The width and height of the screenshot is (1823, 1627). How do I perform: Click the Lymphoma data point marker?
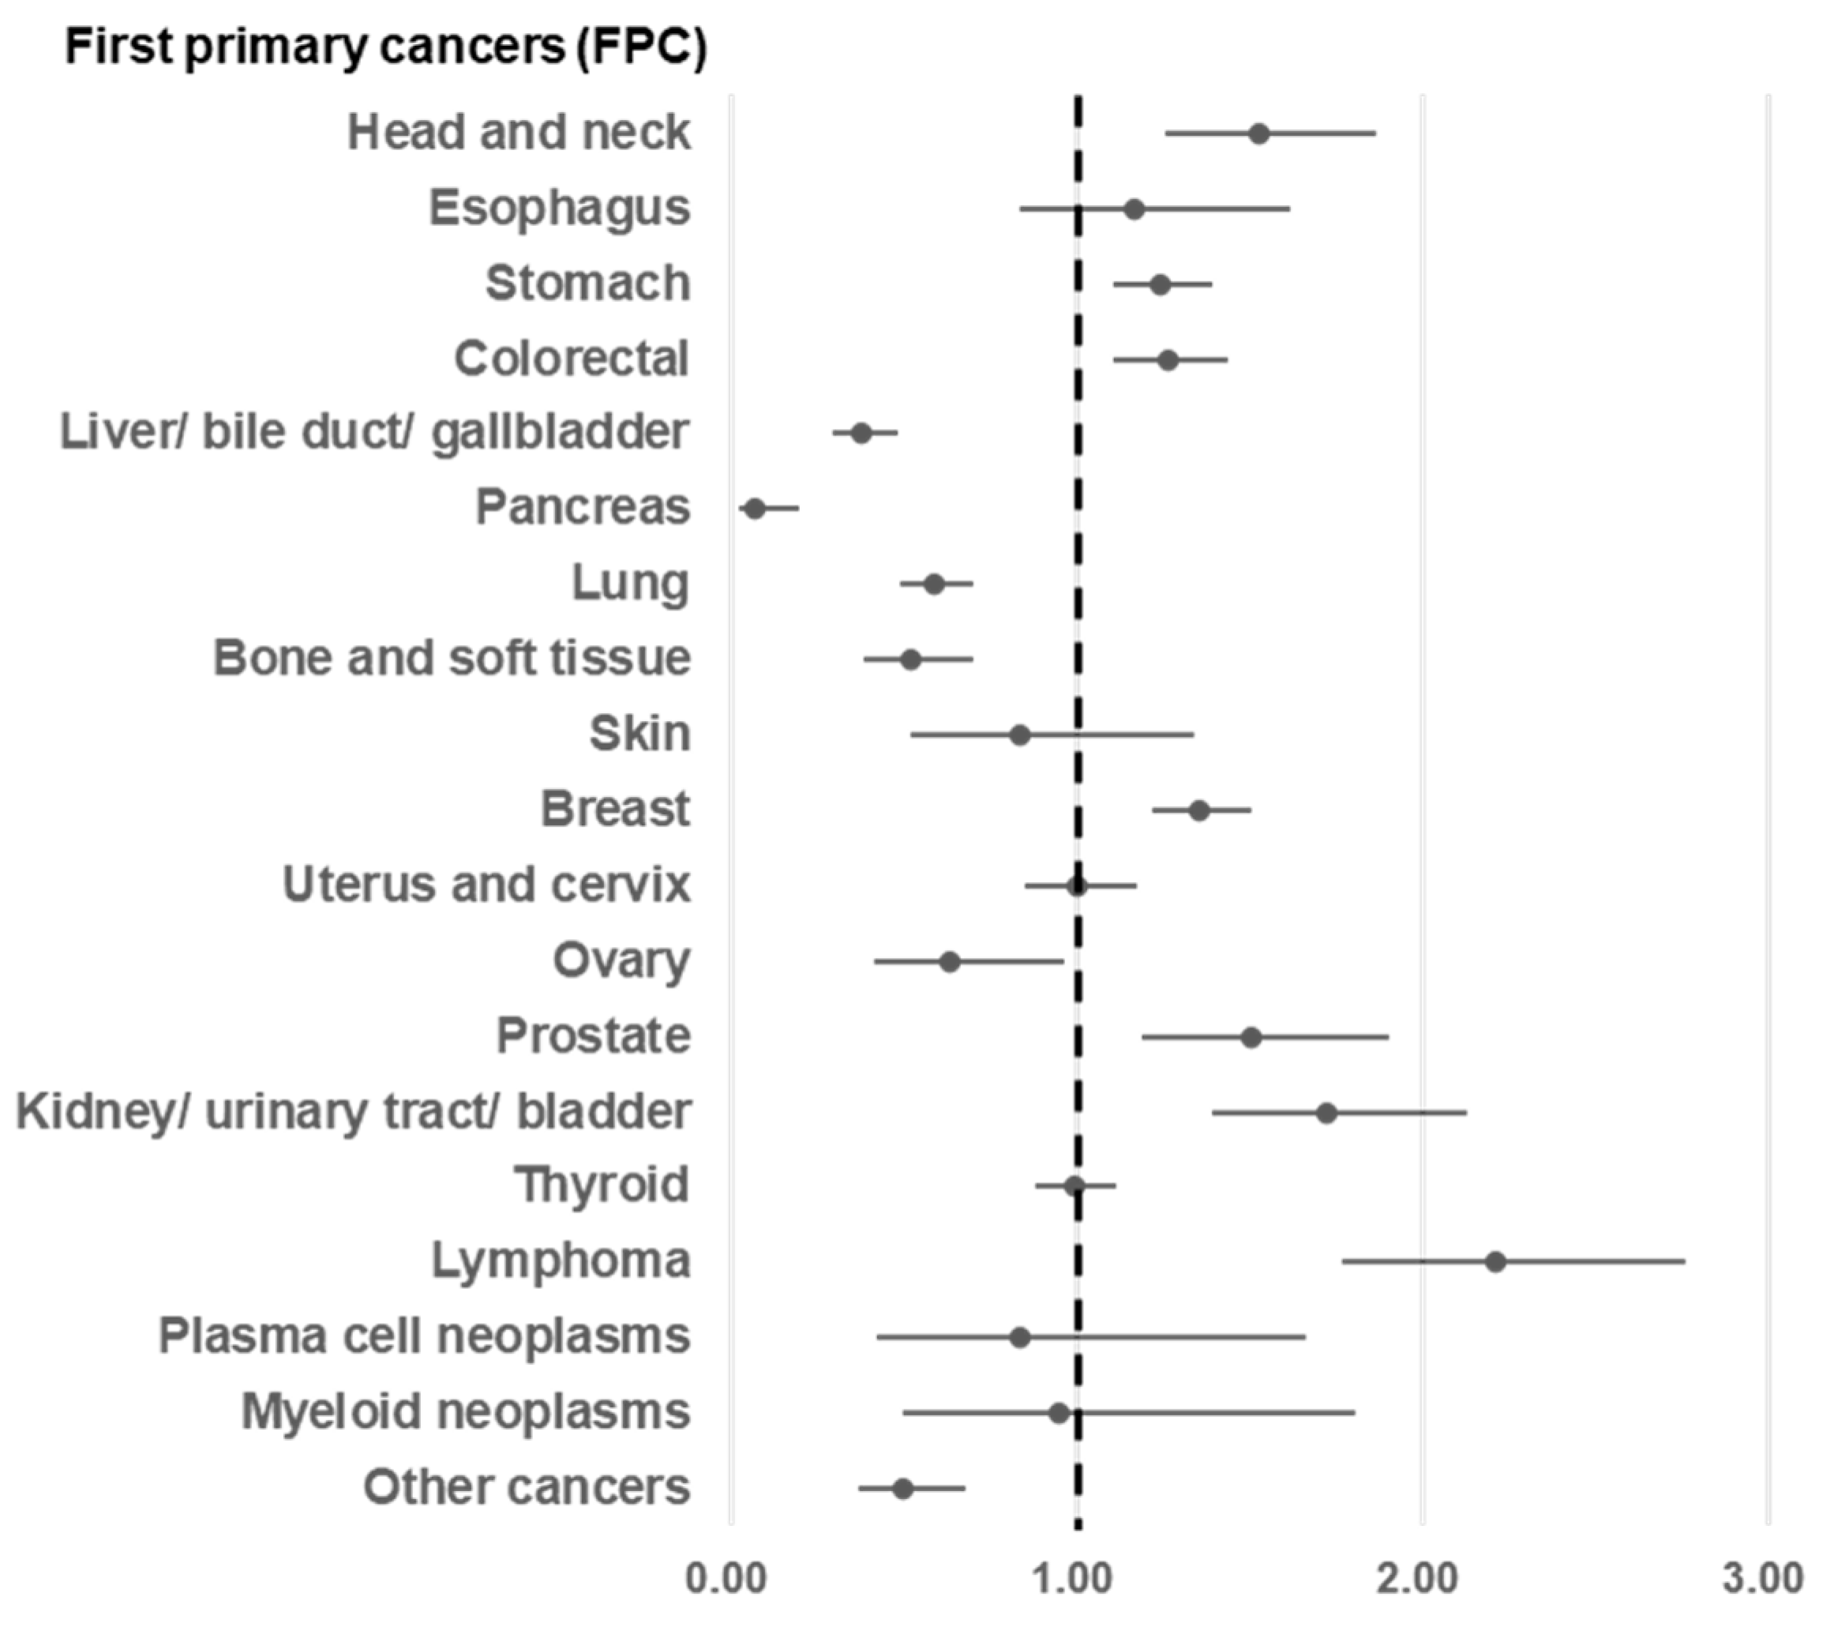click(x=1496, y=1261)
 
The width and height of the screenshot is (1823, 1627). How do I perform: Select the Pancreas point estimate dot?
click(x=755, y=509)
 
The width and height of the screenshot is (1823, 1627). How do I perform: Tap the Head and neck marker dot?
click(x=1259, y=134)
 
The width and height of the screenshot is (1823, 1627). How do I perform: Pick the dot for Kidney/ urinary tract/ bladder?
click(x=1327, y=1113)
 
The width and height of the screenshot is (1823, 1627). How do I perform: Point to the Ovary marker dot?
click(x=950, y=962)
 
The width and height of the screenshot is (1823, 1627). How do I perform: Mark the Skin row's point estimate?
click(x=1019, y=735)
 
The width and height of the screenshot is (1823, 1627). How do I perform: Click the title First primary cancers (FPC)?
click(x=386, y=47)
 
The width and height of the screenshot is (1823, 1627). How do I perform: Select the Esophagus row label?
click(x=560, y=209)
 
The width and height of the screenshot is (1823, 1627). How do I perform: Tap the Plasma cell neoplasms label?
click(x=425, y=1336)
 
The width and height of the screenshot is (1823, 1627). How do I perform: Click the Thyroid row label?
click(x=602, y=1185)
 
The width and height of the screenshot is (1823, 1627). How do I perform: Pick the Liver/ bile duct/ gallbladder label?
click(x=374, y=433)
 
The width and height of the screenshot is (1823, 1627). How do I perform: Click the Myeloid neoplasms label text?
click(x=466, y=1412)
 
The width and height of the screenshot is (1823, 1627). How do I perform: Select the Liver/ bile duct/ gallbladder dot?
click(x=861, y=434)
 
